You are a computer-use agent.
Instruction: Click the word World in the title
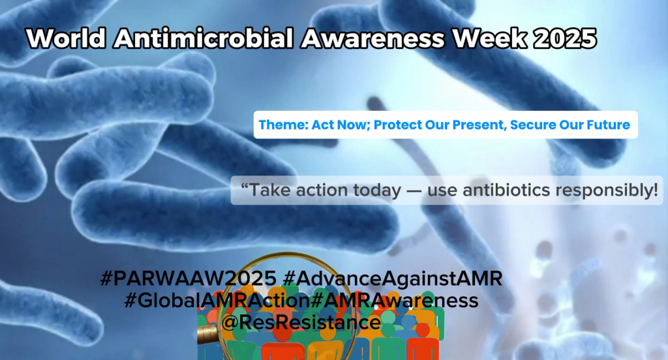coord(66,38)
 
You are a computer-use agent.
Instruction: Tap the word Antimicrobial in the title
coord(204,38)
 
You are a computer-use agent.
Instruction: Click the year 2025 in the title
coord(565,38)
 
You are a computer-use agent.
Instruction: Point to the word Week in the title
coord(489,38)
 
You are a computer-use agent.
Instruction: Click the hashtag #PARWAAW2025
coord(189,278)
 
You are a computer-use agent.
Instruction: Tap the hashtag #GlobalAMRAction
coord(217,301)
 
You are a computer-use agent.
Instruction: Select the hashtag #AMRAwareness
coord(395,301)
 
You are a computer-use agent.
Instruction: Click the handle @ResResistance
coord(301,322)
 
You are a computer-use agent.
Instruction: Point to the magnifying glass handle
coord(208,335)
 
